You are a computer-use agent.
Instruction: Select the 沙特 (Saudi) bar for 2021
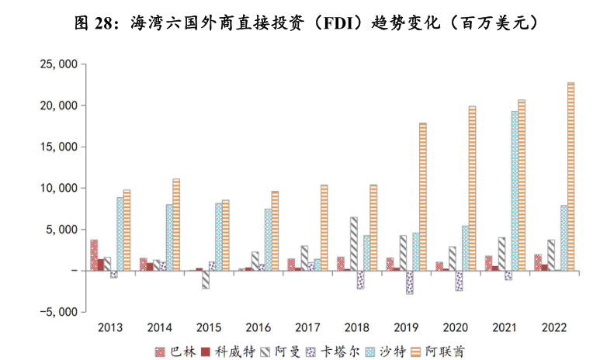pos(514,191)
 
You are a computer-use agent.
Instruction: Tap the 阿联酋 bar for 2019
pos(423,197)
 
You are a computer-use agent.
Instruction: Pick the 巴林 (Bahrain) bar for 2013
pos(94,255)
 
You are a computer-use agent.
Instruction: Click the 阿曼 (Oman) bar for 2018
pos(354,244)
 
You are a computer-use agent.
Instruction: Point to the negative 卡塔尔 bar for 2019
pos(410,282)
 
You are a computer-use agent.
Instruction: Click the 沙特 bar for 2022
pos(563,238)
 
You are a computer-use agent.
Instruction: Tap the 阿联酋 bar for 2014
pos(176,225)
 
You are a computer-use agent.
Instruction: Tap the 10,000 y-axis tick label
pos(54,188)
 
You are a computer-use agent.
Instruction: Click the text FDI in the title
pos(356,22)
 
